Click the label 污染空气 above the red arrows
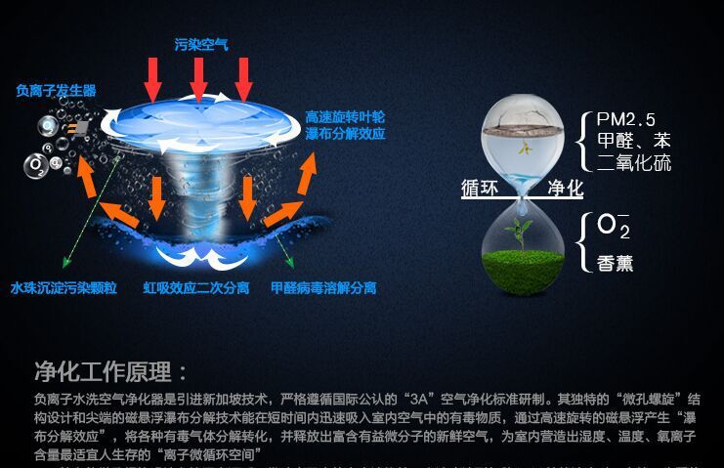(x=201, y=45)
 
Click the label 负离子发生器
(x=56, y=91)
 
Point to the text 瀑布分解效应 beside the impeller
(x=344, y=132)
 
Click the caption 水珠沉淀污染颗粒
(x=64, y=289)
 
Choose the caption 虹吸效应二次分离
(x=196, y=289)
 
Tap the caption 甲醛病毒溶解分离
(x=322, y=289)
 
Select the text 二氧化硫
(x=634, y=162)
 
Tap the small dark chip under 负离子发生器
(x=81, y=128)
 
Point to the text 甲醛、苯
(x=634, y=141)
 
